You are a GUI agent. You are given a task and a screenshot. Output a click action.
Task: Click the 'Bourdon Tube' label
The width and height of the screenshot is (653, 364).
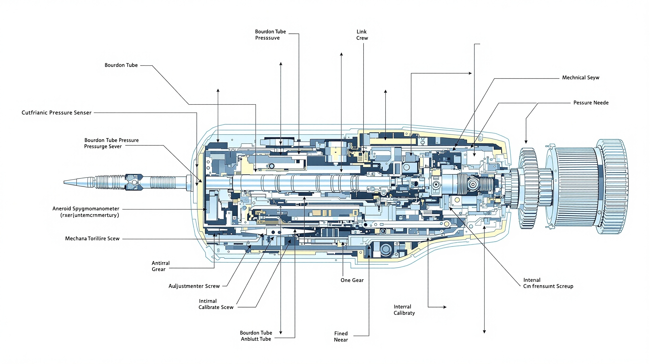121,65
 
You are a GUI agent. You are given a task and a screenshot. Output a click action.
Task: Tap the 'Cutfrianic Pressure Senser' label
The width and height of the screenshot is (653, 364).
56,113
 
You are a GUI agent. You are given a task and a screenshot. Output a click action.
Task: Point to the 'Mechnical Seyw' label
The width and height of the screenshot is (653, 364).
580,78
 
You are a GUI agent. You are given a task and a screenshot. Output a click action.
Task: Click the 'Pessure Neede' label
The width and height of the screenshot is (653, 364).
591,103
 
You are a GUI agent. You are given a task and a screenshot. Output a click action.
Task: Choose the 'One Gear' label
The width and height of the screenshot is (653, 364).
352,280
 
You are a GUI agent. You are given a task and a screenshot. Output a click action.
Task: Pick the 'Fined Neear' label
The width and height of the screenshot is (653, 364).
341,337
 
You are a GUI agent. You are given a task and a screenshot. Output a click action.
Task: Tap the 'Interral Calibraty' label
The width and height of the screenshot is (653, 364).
404,310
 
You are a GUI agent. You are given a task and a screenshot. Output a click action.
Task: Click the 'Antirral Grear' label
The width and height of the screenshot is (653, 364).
160,266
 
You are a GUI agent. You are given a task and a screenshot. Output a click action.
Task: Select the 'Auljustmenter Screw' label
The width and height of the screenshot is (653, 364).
194,286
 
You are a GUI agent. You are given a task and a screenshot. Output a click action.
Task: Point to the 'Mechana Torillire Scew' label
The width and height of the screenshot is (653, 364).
92,239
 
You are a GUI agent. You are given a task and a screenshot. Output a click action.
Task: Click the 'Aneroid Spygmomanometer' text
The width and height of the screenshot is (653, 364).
86,209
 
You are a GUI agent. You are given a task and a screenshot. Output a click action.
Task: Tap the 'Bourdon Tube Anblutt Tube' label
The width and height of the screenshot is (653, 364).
256,336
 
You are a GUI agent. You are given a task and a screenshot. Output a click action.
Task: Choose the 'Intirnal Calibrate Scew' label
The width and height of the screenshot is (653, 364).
216,304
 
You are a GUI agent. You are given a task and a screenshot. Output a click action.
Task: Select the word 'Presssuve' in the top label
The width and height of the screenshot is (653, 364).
267,38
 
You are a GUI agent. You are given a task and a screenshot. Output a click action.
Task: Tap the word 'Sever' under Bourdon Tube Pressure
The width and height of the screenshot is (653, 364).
115,146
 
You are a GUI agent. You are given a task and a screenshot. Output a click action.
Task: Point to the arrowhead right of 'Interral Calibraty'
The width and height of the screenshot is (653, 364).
445,307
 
